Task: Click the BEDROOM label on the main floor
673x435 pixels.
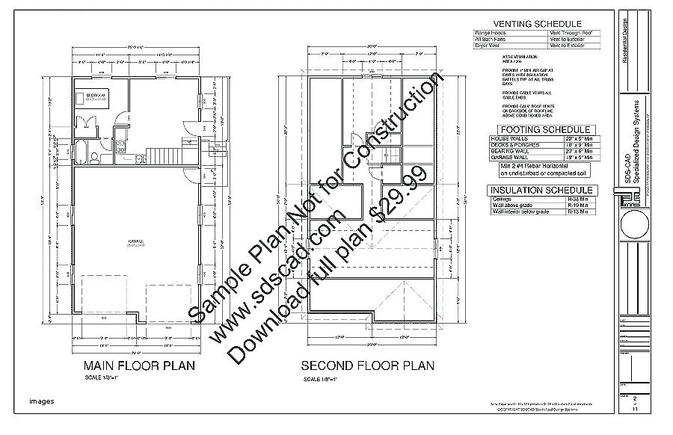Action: [96, 96]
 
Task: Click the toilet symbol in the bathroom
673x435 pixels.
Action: [95, 156]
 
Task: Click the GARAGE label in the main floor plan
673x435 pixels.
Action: [137, 240]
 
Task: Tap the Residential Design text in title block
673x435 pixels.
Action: [625, 34]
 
